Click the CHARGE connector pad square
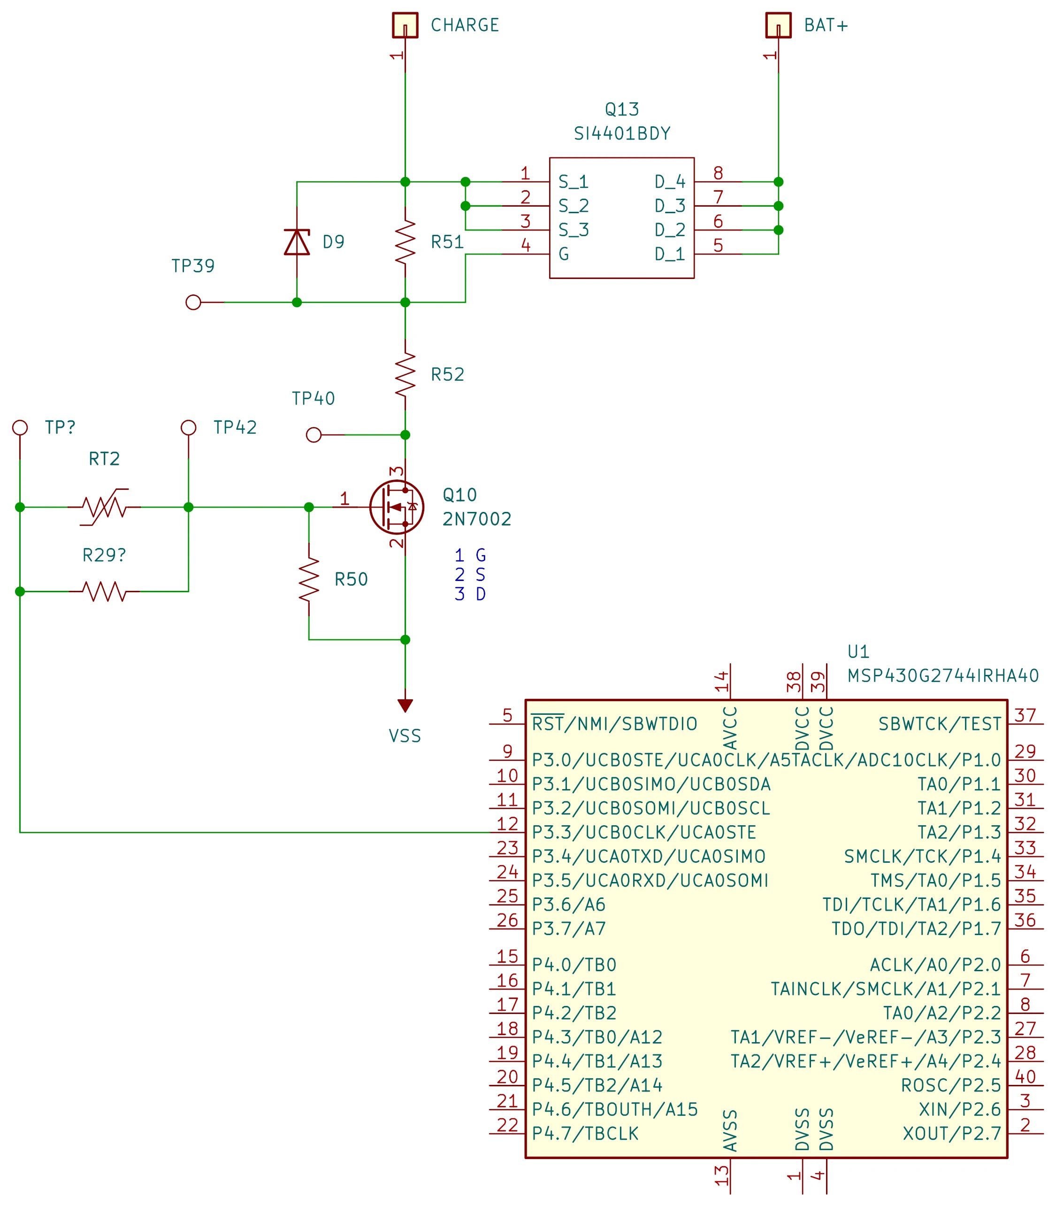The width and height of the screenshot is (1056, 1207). pos(405,25)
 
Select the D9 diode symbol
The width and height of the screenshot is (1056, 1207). pos(297,242)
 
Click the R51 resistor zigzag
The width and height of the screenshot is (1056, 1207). pos(405,242)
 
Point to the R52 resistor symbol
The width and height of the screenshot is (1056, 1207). pos(405,374)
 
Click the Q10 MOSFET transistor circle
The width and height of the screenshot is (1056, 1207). pos(397,507)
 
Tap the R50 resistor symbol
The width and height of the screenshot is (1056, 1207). pos(309,579)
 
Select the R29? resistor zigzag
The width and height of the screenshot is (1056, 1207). pos(104,591)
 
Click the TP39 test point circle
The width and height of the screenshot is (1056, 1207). pos(193,302)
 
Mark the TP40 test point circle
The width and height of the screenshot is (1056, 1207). pos(314,435)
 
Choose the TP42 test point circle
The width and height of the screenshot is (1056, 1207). pos(188,427)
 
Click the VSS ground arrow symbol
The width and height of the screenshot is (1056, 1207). pos(405,706)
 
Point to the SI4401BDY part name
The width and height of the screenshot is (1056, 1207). pos(622,134)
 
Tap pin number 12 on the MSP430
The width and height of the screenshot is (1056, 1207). pos(507,824)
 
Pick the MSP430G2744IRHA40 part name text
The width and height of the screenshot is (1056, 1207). pos(943,676)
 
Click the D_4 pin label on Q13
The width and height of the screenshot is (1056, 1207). pos(670,182)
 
